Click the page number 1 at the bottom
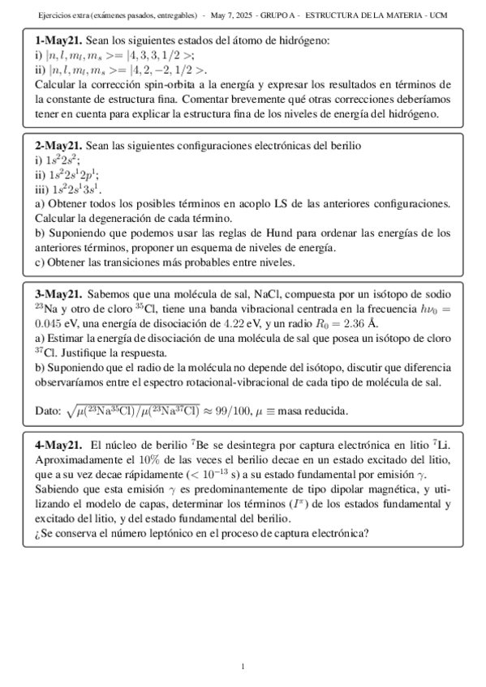pyautogui.click(x=243, y=666)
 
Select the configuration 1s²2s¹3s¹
pyautogui.click(x=77, y=189)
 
